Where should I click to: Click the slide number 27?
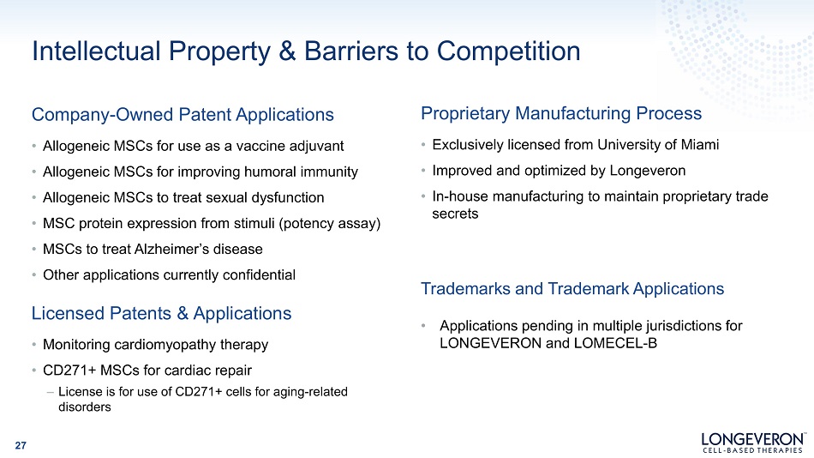coord(21,445)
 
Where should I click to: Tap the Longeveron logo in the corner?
coord(753,442)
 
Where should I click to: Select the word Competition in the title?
coord(508,51)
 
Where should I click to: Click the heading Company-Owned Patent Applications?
coord(183,114)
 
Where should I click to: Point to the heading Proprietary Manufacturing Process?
coord(561,113)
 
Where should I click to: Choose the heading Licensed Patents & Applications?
coord(161,313)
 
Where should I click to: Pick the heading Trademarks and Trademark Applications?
coord(572,288)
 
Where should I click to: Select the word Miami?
coord(700,145)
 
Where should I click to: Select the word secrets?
coord(455,214)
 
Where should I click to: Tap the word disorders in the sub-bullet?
coord(85,407)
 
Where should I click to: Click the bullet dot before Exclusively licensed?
coord(423,145)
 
